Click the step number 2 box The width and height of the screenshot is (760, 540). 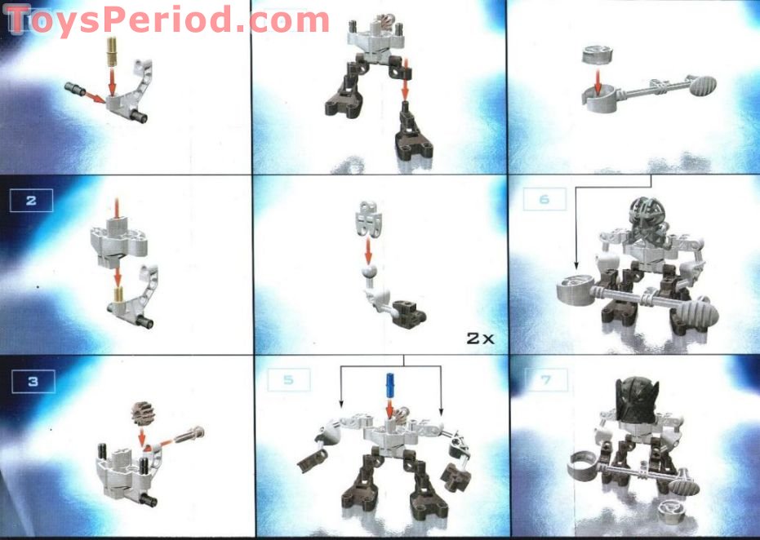31,201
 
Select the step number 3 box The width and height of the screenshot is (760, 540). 31,379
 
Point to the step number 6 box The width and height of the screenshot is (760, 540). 543,200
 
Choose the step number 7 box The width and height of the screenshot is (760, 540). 543,379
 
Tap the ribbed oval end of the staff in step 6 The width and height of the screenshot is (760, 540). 697,310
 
